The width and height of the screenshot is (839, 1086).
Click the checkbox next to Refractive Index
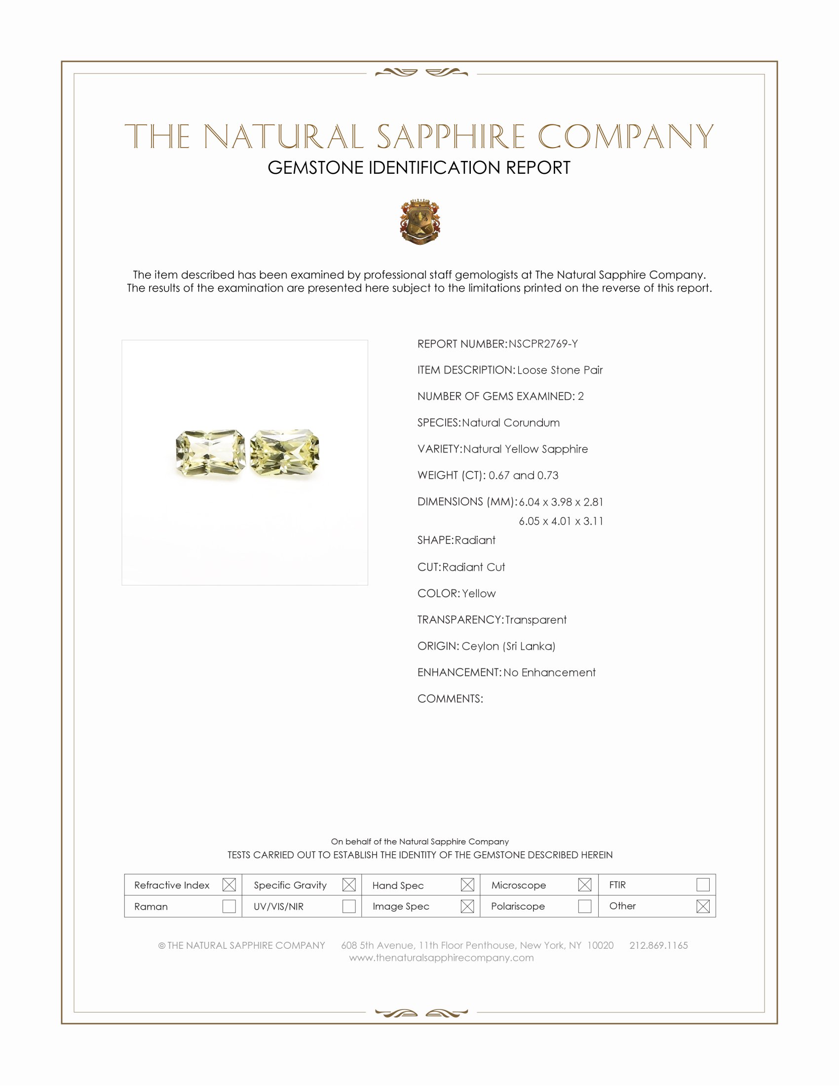[x=229, y=885]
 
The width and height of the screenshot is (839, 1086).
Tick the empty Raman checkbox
[x=229, y=906]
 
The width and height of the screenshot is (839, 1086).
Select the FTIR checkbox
[x=703, y=885]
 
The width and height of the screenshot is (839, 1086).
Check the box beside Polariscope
[x=584, y=906]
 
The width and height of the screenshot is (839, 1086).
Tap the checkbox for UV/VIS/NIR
[x=349, y=906]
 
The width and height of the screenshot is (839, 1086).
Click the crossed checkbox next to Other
[x=703, y=906]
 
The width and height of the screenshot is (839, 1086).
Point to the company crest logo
[x=420, y=222]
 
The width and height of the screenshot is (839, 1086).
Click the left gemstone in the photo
[x=210, y=454]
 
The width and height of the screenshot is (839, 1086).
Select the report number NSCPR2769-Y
[x=543, y=344]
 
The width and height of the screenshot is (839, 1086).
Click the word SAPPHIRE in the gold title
[x=450, y=137]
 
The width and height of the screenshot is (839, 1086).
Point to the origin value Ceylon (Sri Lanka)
[x=508, y=646]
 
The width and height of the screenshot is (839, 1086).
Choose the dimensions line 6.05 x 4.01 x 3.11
[x=561, y=521]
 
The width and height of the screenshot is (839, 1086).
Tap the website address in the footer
[x=441, y=958]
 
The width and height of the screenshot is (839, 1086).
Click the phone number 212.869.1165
[x=658, y=945]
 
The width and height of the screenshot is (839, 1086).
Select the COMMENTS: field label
[x=450, y=698]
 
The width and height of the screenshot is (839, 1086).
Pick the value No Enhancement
[x=549, y=672]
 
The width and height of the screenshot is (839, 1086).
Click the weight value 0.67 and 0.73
[x=523, y=475]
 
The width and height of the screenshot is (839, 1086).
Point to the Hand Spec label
[x=398, y=885]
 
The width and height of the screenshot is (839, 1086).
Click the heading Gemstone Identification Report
[x=419, y=168]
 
